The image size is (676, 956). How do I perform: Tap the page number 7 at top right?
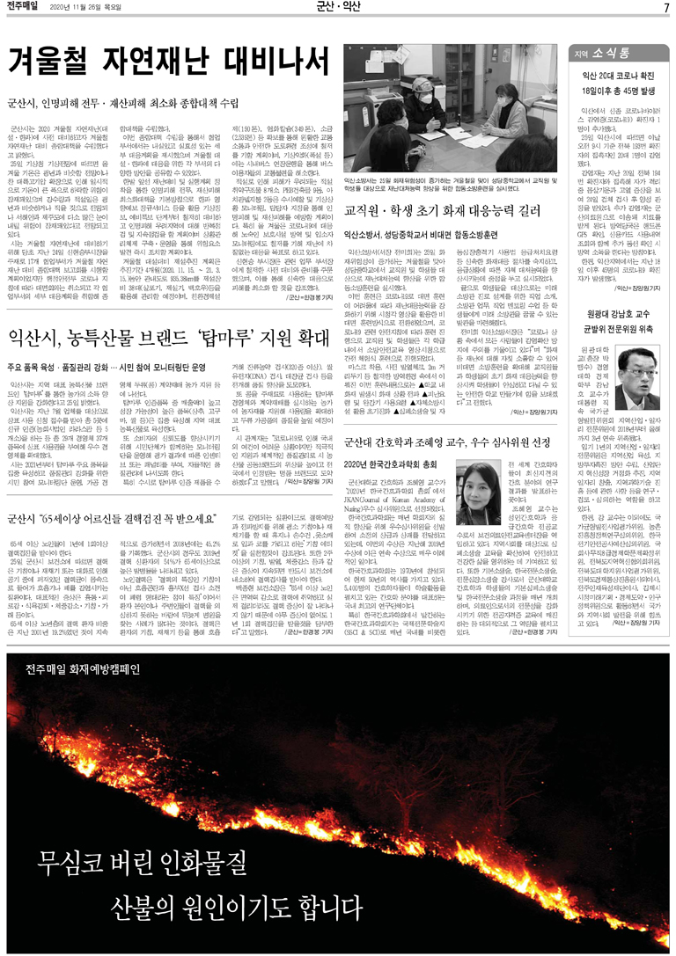pos(666,8)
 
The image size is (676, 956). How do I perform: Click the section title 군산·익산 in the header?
pos(338,8)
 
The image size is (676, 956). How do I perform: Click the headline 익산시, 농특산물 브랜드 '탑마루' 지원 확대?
pos(164,314)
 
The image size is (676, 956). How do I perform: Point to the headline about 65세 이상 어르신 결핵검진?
pos(116,519)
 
